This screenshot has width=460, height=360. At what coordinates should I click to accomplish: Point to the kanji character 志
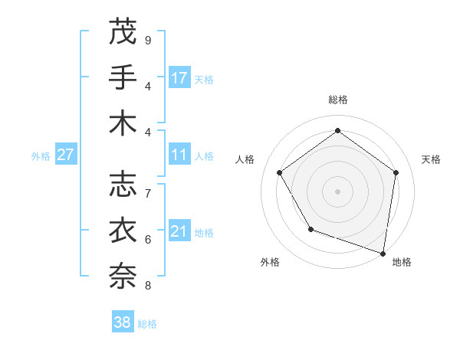pyautogui.click(x=123, y=185)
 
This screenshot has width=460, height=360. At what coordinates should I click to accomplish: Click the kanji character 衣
pyautogui.click(x=123, y=231)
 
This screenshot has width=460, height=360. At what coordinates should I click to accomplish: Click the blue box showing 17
pyautogui.click(x=179, y=77)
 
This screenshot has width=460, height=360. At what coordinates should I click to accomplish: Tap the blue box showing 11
pyautogui.click(x=179, y=155)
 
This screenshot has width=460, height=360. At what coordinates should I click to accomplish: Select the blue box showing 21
pyautogui.click(x=179, y=231)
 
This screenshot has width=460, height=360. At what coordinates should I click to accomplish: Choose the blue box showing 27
pyautogui.click(x=66, y=155)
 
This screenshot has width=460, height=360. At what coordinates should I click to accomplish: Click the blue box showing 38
pyautogui.click(x=123, y=322)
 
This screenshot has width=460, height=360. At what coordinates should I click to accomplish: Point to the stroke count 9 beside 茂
pyautogui.click(x=148, y=41)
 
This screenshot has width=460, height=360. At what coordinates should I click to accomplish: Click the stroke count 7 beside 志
pyautogui.click(x=148, y=194)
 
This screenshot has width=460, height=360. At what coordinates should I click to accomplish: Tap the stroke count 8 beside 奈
pyautogui.click(x=148, y=286)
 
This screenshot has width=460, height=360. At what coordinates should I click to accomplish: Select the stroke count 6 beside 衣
pyautogui.click(x=148, y=240)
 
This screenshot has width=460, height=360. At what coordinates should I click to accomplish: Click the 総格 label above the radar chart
pyautogui.click(x=337, y=100)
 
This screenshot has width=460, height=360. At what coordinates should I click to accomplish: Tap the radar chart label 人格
pyautogui.click(x=245, y=159)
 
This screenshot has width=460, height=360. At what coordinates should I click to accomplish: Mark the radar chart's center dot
pyautogui.click(x=337, y=191)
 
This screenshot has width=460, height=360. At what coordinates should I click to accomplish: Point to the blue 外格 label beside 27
pyautogui.click(x=41, y=155)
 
